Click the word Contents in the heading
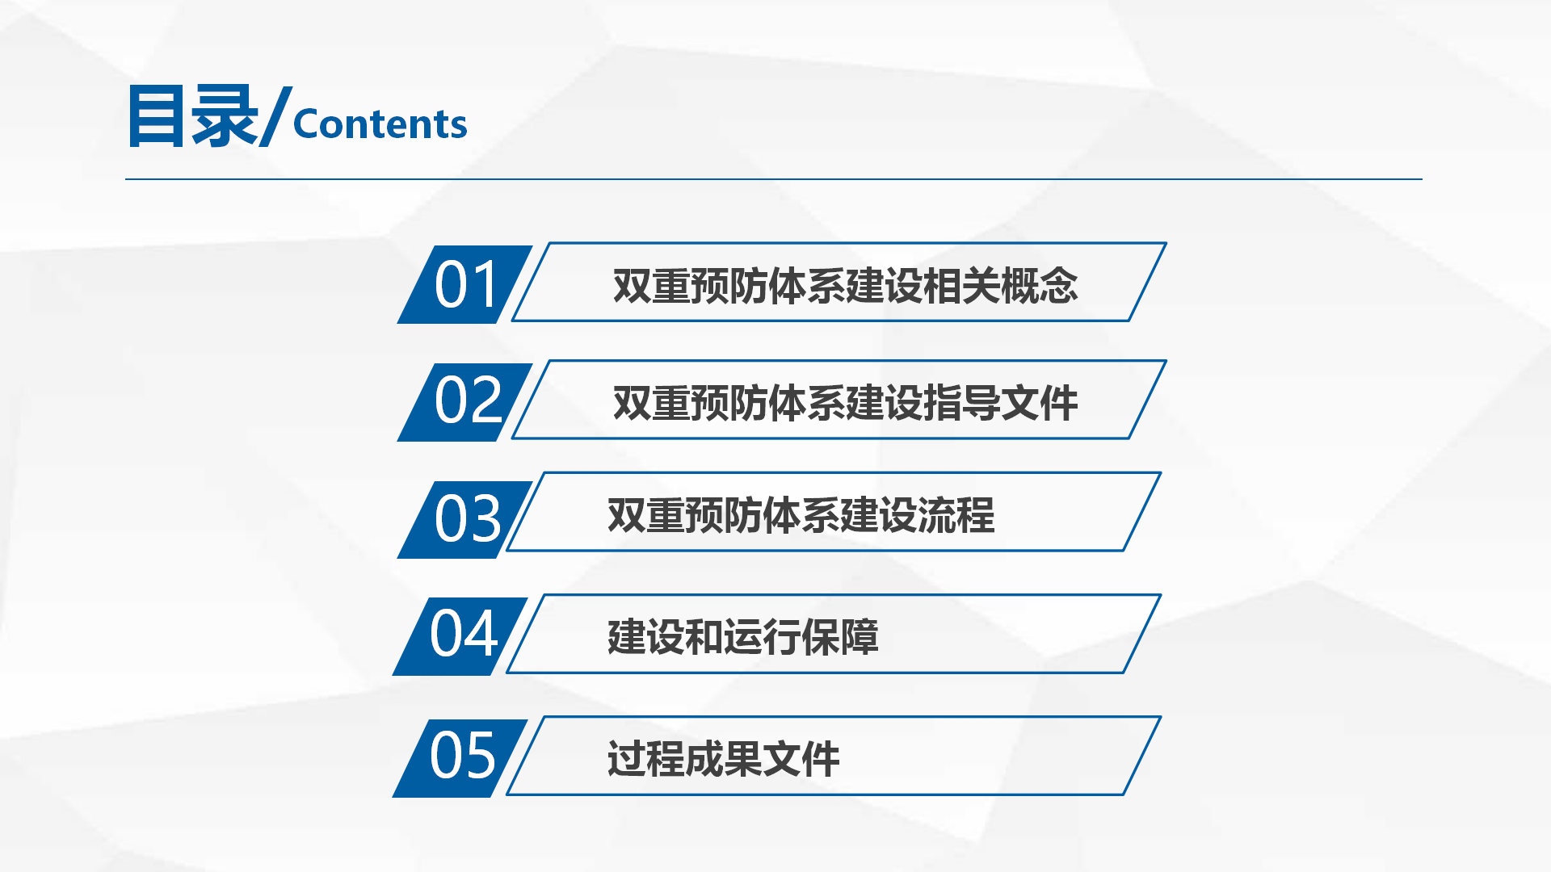(380, 124)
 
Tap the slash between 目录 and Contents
(276, 116)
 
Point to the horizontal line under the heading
(774, 179)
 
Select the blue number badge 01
(464, 285)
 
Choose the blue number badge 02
(464, 402)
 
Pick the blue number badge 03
(464, 519)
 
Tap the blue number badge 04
(460, 636)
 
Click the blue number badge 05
(460, 757)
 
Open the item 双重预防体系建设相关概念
(845, 286)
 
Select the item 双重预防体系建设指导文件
(845, 403)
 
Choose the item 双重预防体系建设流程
(801, 515)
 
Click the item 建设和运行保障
(742, 637)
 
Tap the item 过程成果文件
(723, 759)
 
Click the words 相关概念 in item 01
(1001, 286)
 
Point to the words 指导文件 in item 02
(1001, 403)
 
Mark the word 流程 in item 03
(956, 515)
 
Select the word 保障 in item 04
(839, 637)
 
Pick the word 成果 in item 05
(723, 759)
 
